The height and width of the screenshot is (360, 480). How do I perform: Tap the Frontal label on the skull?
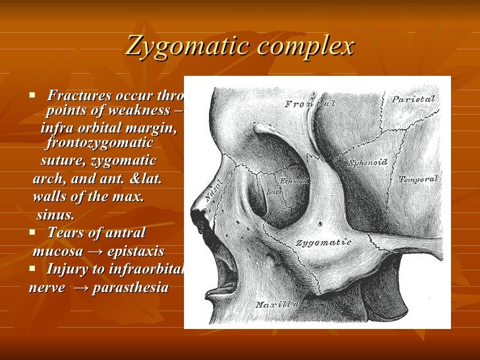310,104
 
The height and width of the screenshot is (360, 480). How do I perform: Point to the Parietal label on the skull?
414,99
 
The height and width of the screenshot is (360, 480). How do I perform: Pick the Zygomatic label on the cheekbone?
323,243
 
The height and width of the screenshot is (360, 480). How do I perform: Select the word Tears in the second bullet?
65,233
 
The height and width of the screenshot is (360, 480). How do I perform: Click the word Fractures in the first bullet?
78,96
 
